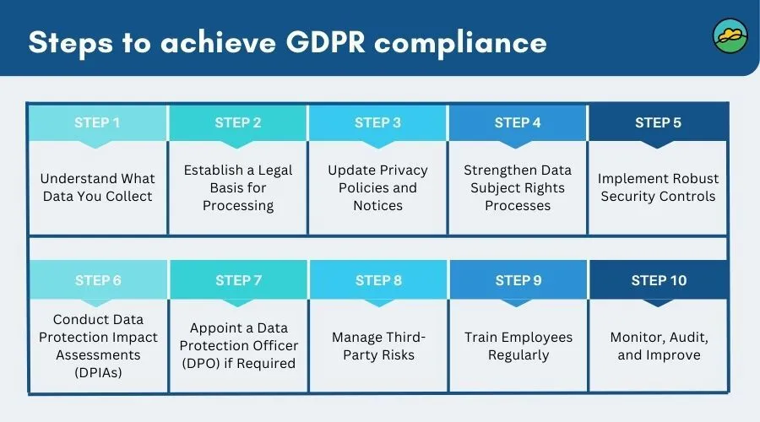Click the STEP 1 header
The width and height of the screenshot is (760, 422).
98,123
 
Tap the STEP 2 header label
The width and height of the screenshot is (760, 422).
238,123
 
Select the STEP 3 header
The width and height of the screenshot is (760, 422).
377,123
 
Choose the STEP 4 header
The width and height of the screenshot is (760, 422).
518,123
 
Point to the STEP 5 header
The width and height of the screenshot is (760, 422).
658,123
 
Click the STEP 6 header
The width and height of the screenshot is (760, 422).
98,281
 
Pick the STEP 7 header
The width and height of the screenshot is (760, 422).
238,281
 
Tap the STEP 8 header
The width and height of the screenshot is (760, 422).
377,281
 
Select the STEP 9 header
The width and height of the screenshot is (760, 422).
518,281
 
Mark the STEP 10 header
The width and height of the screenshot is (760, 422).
659,281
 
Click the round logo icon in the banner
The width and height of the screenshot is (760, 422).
730,37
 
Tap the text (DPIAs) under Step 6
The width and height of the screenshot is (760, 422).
98,372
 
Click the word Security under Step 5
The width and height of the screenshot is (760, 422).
627,197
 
